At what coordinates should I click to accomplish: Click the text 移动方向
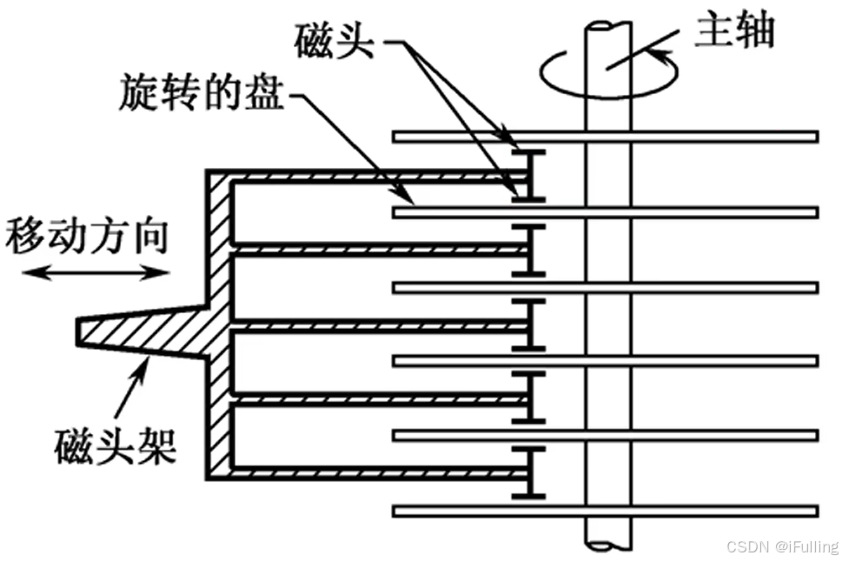pos(85,236)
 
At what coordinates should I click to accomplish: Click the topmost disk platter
pos(695,136)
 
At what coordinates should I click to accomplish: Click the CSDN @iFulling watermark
pos(782,546)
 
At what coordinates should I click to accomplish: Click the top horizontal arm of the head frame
pos(374,177)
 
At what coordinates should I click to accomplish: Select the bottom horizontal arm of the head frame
pos(374,472)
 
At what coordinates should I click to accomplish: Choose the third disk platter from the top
pos(695,287)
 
